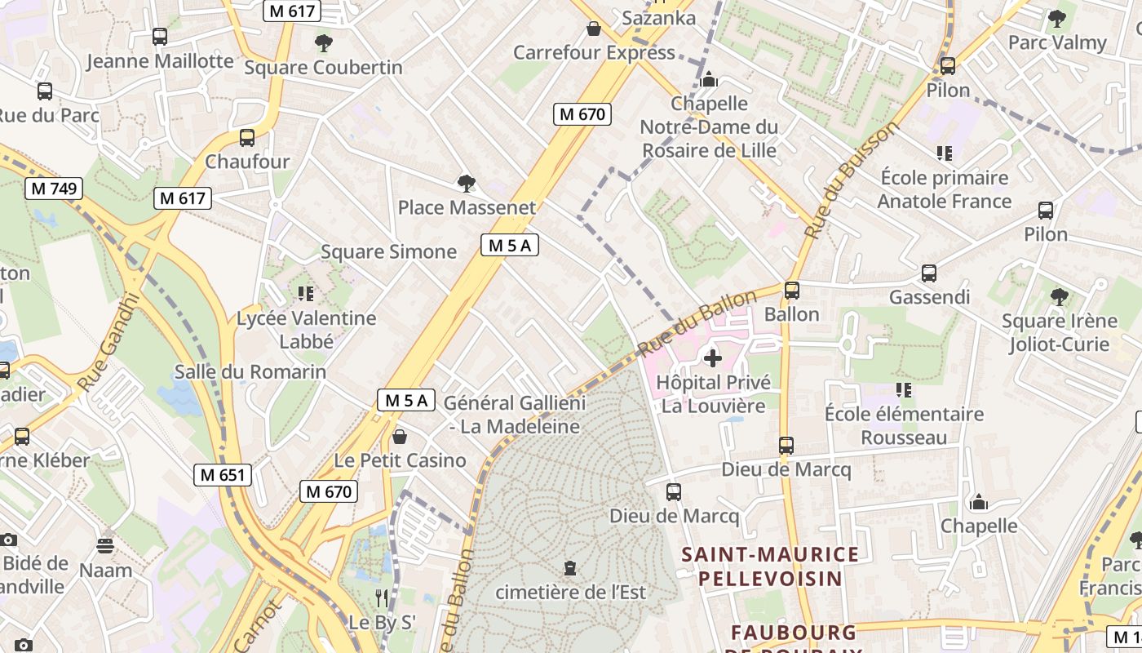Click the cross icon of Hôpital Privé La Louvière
[713, 358]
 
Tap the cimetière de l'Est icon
[570, 567]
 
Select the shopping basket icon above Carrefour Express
[594, 29]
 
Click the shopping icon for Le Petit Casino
[399, 437]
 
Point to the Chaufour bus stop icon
[247, 138]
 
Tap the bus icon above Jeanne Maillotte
[160, 37]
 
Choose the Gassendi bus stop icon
[928, 273]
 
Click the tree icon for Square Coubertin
[324, 43]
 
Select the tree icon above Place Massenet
[466, 184]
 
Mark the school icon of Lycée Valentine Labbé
[306, 293]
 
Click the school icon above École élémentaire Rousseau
[903, 390]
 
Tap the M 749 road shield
[54, 189]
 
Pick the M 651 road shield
[223, 474]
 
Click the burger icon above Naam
[105, 545]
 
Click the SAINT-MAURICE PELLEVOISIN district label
[770, 566]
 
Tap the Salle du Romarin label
[250, 372]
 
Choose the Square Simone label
[388, 251]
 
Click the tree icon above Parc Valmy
[1056, 18]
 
